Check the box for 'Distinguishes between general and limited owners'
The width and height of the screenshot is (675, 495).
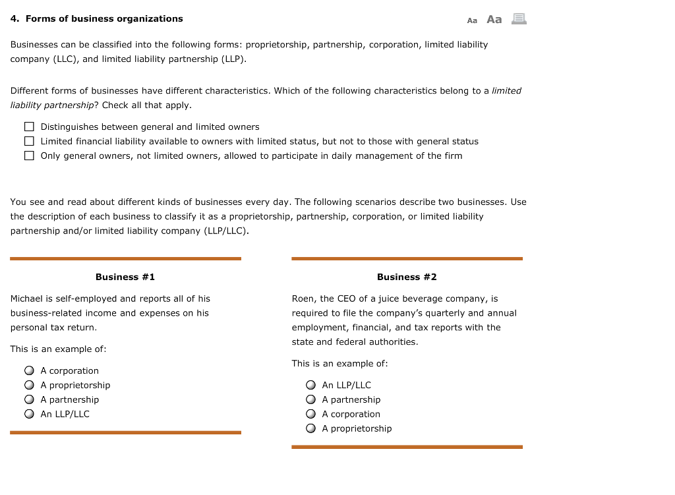29,127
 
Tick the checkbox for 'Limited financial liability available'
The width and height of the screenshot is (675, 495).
29,141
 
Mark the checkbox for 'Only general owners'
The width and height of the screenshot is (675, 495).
29,156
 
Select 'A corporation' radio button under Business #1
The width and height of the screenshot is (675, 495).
29,370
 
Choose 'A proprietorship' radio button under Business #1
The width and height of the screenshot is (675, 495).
29,385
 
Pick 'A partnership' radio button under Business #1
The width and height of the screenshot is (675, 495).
29,399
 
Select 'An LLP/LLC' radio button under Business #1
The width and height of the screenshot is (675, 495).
29,414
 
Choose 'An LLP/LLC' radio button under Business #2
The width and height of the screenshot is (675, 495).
310,385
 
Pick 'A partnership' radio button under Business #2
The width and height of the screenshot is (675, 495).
310,399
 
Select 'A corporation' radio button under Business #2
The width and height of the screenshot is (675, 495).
310,414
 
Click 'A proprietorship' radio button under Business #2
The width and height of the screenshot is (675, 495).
310,428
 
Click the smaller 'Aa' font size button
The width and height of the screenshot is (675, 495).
472,20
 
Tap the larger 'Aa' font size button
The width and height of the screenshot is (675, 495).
494,20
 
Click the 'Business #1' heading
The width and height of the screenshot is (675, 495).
125,277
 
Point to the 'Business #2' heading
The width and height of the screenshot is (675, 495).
407,277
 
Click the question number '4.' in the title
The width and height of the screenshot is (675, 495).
15,18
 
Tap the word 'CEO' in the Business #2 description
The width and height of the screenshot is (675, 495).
347,299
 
